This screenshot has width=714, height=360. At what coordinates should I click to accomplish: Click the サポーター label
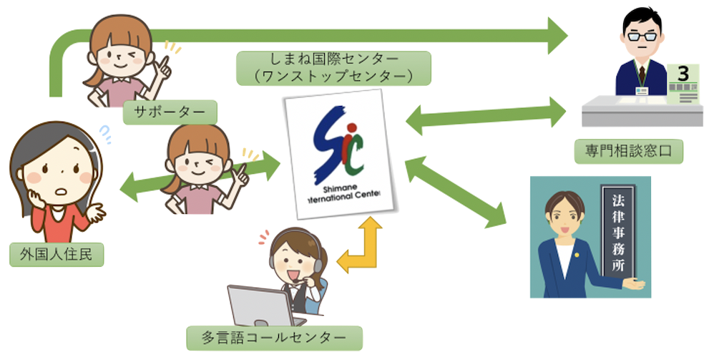170,112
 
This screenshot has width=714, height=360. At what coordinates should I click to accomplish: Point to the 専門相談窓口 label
629,151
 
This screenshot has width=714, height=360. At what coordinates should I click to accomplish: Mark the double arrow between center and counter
486,113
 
